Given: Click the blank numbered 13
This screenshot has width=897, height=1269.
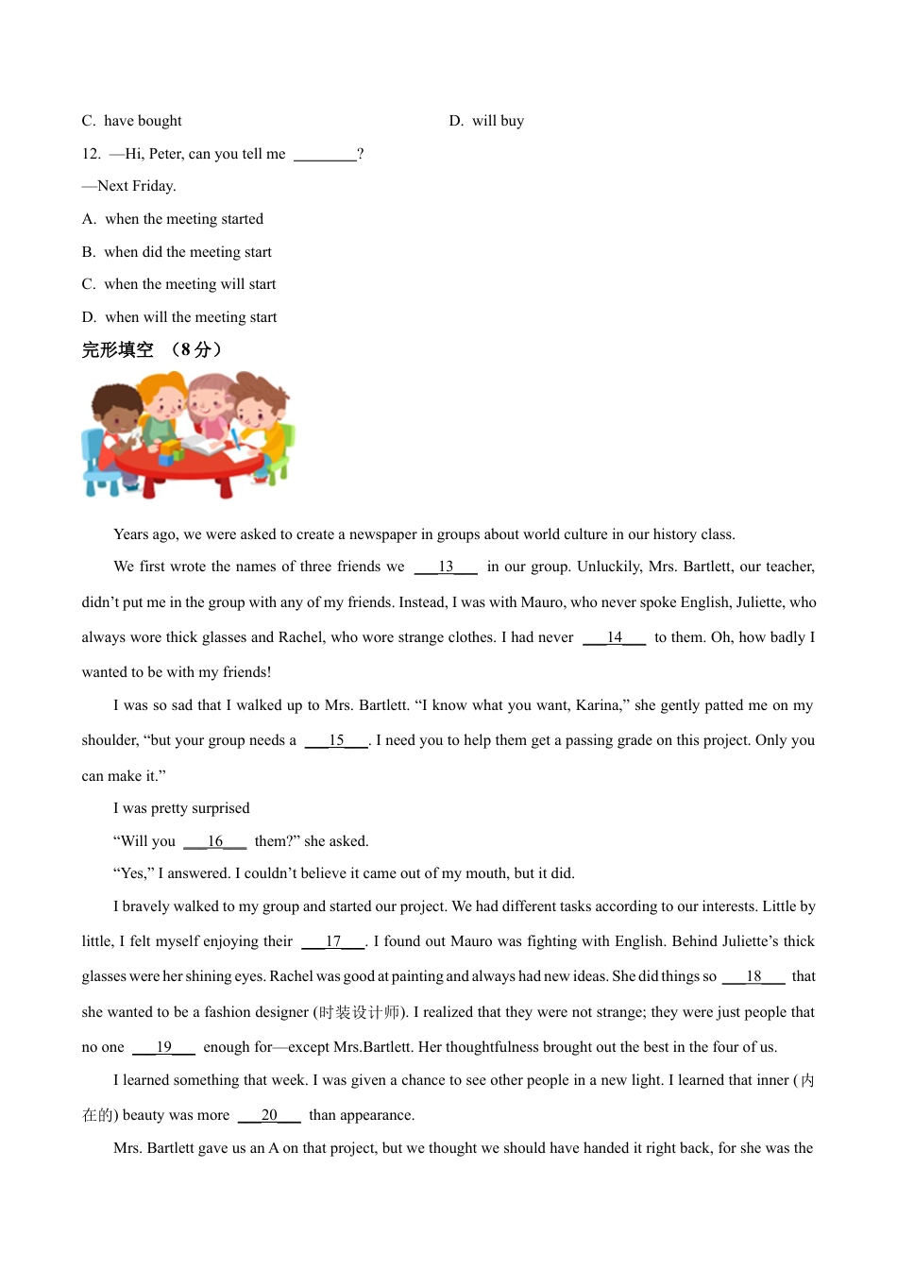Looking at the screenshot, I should [x=446, y=567].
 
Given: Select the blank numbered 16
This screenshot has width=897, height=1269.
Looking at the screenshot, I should [x=215, y=841].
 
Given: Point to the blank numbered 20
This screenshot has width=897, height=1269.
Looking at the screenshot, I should [x=269, y=1115].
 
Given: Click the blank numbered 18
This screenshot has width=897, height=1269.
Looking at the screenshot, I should [x=753, y=976].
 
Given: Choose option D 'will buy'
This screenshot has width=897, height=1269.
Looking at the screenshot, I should [x=487, y=121].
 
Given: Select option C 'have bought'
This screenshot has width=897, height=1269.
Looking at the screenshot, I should [x=132, y=121].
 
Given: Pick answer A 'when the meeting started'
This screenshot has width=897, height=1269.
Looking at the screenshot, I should [x=174, y=219].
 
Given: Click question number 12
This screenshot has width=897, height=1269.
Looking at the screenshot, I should [x=91, y=154].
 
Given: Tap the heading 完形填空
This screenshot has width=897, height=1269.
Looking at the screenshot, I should [x=118, y=350].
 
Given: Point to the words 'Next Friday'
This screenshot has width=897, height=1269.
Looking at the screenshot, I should [x=136, y=186].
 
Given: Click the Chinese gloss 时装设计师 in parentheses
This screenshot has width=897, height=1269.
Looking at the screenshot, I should [x=359, y=1012].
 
